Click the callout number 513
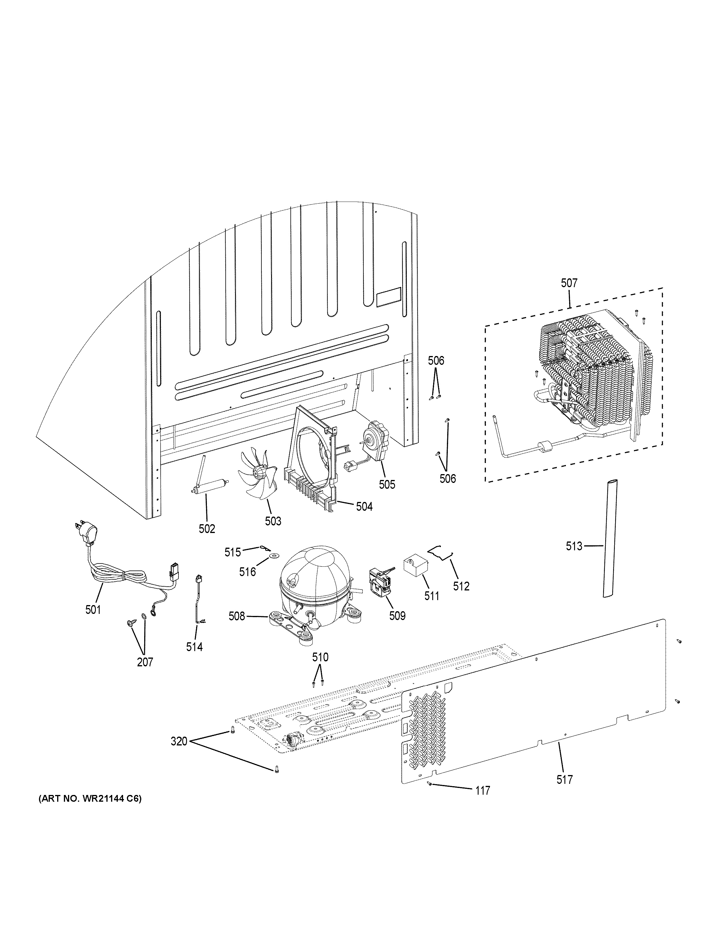(574, 546)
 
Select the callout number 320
(179, 741)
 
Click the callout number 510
(320, 657)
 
